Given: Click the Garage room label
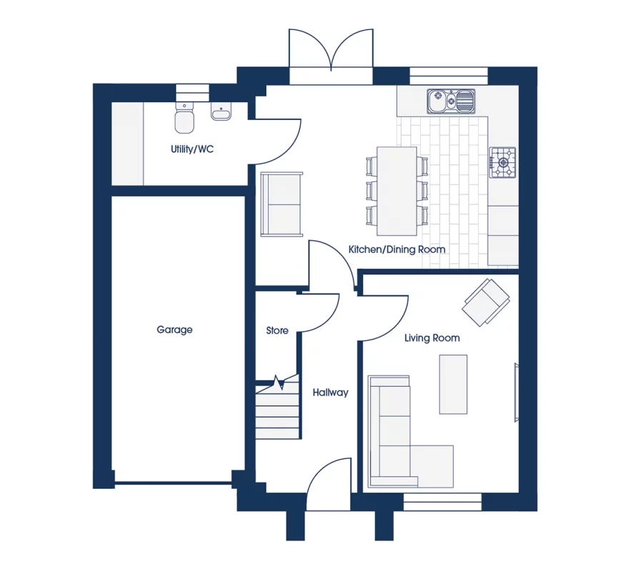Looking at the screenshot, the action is [174, 330].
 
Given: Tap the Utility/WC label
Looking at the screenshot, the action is [192, 149].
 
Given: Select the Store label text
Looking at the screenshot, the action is [276, 330].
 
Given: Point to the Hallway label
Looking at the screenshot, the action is [330, 392].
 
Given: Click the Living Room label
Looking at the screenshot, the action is [432, 338].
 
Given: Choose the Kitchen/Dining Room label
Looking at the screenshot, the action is [397, 249].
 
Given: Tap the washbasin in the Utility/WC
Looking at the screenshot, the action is [221, 112].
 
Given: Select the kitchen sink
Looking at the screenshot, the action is [451, 101].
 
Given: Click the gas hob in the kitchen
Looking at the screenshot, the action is [502, 162].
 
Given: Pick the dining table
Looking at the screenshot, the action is [397, 191].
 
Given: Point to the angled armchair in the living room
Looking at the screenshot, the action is [486, 302].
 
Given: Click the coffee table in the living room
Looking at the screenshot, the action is [453, 385].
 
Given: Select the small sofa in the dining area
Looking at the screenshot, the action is [281, 204].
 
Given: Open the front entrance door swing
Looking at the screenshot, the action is [329, 484].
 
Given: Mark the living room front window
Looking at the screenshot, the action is [442, 502].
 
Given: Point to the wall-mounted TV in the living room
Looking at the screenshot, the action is [517, 392].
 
